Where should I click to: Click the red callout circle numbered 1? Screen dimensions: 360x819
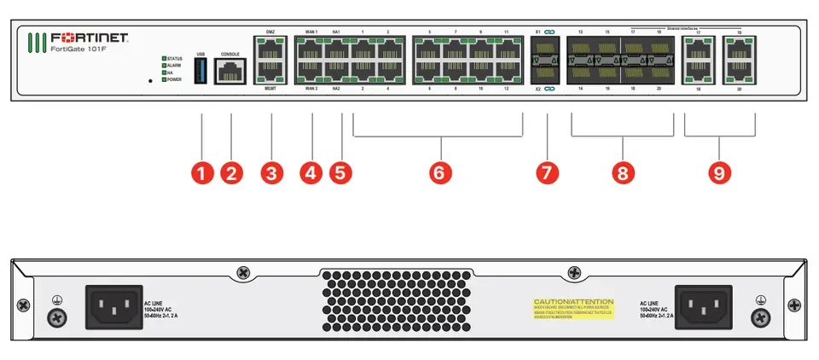click(201, 173)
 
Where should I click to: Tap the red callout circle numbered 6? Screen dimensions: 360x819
click(438, 173)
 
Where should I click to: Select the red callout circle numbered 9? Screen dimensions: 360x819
click(720, 173)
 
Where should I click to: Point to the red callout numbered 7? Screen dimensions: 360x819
click(547, 173)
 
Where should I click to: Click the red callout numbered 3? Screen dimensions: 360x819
click(271, 173)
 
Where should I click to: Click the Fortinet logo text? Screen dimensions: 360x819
click(89, 38)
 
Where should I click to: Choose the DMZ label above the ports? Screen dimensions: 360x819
click(270, 32)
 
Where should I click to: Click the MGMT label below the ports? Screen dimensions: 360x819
click(270, 88)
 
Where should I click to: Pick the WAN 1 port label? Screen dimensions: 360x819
click(311, 32)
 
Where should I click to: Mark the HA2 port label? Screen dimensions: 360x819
click(337, 88)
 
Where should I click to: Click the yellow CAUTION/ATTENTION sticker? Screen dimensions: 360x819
click(573, 308)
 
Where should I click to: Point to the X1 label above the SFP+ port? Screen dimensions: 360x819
click(537, 32)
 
